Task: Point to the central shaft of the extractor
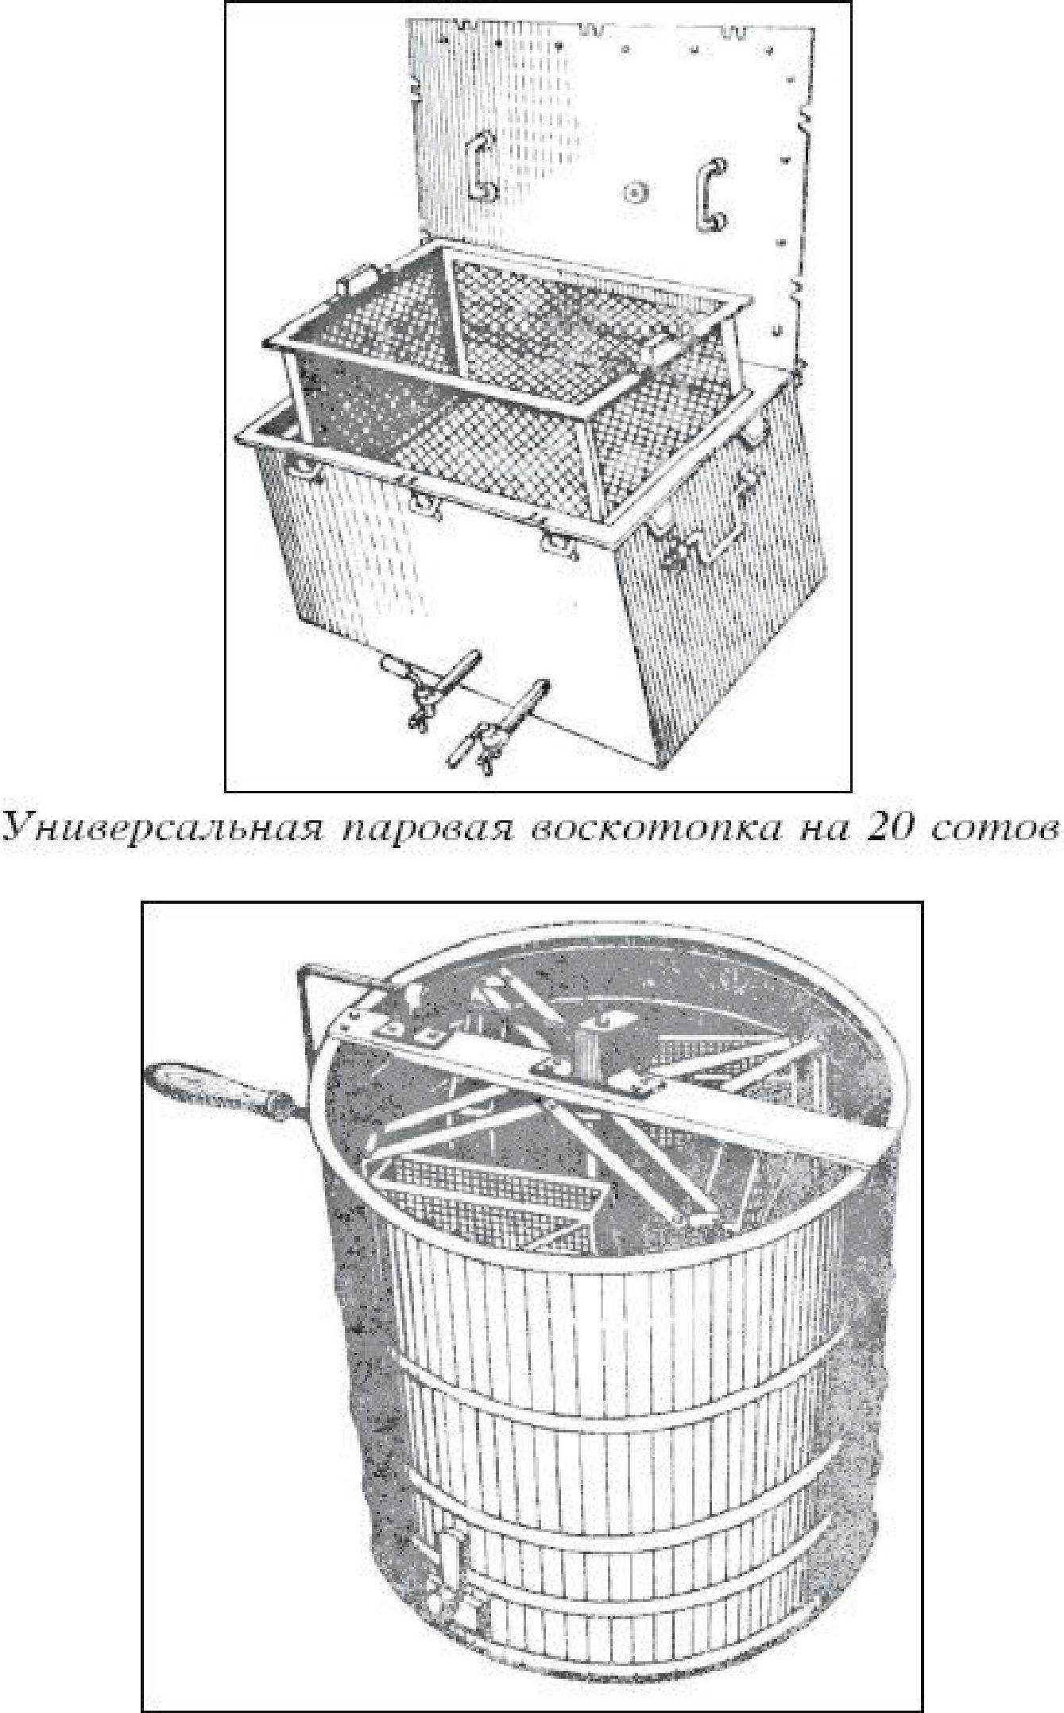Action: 587,1048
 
